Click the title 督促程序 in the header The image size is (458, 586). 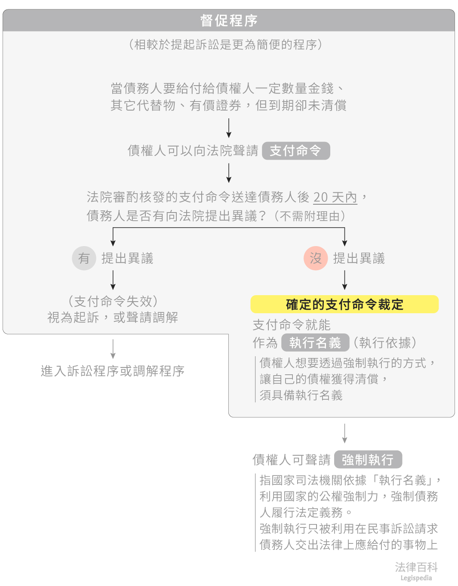pyautogui.click(x=229, y=21)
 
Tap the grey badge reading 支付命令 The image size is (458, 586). pyautogui.click(x=296, y=151)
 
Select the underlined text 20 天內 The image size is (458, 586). pyautogui.click(x=335, y=197)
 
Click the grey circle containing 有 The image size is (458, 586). pyautogui.click(x=84, y=258)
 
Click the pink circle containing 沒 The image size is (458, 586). pyautogui.click(x=316, y=258)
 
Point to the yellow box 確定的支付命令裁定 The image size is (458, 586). pyautogui.click(x=344, y=305)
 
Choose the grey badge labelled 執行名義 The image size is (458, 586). pyautogui.click(x=315, y=342)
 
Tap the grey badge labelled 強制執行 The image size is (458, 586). pyautogui.click(x=368, y=460)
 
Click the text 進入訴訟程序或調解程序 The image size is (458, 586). pyautogui.click(x=113, y=371)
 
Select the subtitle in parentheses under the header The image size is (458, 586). pyautogui.click(x=225, y=44)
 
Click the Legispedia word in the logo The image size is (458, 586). pyautogui.click(x=416, y=578)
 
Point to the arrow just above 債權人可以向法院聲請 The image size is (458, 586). pyautogui.click(x=229, y=128)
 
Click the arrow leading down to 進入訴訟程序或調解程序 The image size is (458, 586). pyautogui.click(x=113, y=349)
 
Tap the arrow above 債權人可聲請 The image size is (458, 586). pyautogui.click(x=344, y=433)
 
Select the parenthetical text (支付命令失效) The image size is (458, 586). pyautogui.click(x=113, y=301)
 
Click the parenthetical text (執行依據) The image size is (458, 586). pyautogui.click(x=385, y=342)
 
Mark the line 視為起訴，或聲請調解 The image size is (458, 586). pyautogui.click(x=113, y=318)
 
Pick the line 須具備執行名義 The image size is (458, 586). pyautogui.click(x=301, y=395)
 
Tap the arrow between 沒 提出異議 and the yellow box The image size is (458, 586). pyautogui.click(x=344, y=280)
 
